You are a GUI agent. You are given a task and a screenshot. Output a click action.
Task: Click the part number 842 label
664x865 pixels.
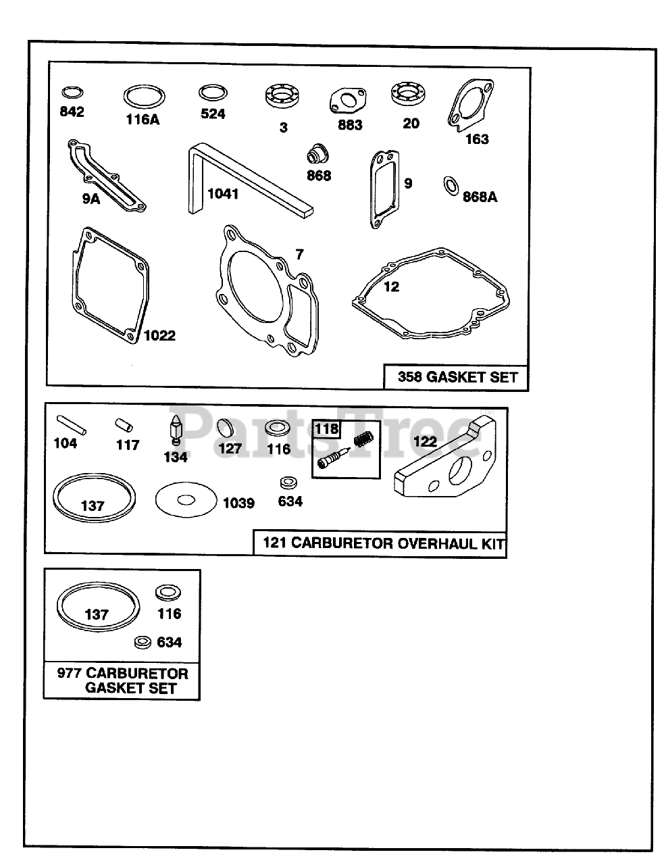click(72, 112)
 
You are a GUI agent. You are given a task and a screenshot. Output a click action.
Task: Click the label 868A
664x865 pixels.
click(480, 197)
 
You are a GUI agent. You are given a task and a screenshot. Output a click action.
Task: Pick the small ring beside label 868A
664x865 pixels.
click(450, 184)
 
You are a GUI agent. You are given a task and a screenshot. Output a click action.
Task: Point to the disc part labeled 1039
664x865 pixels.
click(186, 501)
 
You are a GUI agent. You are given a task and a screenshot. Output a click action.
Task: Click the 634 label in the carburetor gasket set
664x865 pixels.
click(169, 642)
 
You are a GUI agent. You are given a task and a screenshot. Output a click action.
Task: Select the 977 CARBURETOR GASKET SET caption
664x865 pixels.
click(122, 681)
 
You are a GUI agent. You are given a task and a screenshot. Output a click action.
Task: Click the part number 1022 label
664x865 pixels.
click(159, 335)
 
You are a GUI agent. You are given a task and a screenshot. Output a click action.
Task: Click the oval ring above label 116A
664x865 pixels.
click(144, 96)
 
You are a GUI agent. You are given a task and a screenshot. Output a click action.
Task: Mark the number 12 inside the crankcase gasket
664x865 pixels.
click(391, 287)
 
